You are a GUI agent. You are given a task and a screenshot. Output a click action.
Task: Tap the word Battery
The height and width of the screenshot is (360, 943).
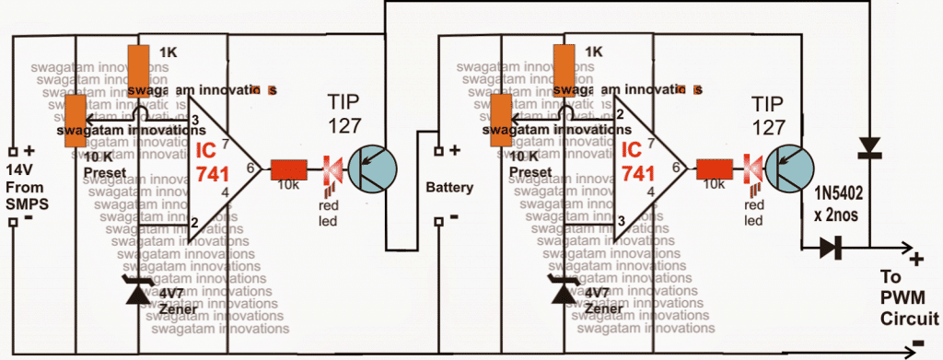click(449, 187)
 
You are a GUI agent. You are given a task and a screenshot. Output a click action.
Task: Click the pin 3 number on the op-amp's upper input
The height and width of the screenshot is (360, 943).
click(195, 121)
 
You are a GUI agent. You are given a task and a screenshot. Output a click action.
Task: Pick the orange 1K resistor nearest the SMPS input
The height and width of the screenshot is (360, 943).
click(140, 66)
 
